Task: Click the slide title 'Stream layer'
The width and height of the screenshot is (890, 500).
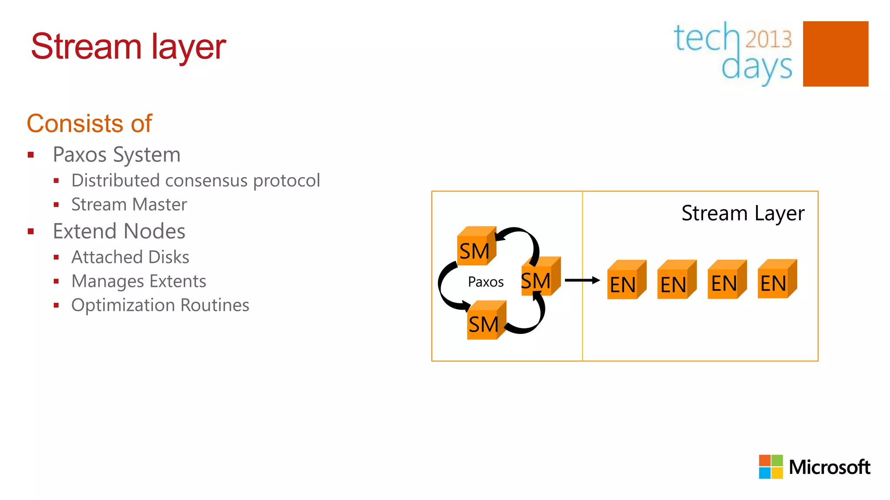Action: (x=128, y=47)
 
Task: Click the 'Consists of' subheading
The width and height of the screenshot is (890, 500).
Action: (x=89, y=123)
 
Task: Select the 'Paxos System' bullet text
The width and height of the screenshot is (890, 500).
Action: (x=116, y=155)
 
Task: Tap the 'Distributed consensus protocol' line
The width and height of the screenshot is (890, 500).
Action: (x=196, y=181)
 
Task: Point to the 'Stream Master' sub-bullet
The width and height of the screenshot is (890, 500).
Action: (x=129, y=204)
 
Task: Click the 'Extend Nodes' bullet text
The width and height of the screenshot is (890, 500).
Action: (x=119, y=231)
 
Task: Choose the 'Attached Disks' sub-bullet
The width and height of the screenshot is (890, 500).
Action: (x=130, y=257)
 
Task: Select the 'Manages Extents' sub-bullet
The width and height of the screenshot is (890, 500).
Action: (x=139, y=281)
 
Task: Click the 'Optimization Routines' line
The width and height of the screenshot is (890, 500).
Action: (x=160, y=305)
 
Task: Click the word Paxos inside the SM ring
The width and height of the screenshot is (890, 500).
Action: (x=485, y=282)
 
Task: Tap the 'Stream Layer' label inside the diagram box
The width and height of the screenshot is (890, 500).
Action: (x=742, y=214)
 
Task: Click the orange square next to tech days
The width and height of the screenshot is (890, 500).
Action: (x=835, y=54)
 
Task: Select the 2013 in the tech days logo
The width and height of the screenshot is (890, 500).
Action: (x=768, y=39)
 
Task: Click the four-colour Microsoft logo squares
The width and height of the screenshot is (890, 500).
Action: (x=770, y=467)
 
